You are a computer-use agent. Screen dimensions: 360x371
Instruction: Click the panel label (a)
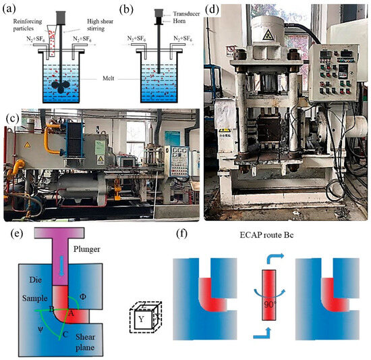(x=11, y=9)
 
